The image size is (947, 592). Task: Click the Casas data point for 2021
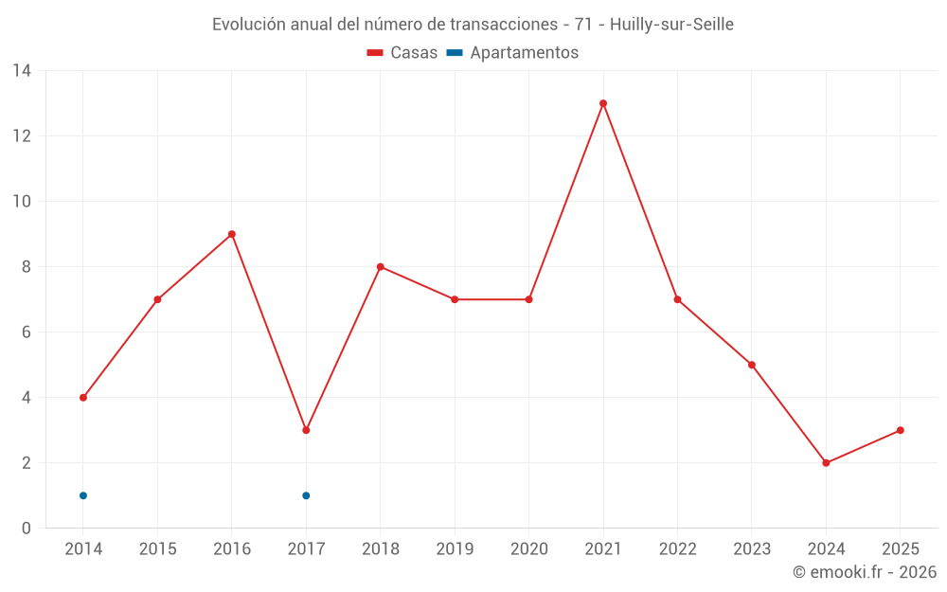(603, 103)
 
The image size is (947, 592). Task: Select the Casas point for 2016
(232, 234)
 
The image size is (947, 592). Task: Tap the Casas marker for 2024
(826, 463)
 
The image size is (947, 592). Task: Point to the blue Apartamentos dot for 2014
(83, 495)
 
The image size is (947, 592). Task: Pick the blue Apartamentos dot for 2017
(306, 495)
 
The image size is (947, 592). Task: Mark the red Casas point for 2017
(306, 430)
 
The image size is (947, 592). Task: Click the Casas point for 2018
(381, 267)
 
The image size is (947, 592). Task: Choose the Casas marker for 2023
(752, 365)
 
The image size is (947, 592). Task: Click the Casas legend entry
(402, 53)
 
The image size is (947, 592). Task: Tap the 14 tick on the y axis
(22, 71)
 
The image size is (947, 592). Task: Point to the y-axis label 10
(22, 202)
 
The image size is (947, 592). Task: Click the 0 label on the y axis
(26, 529)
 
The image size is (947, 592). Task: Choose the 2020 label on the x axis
(529, 549)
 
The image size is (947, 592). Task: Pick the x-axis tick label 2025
(901, 549)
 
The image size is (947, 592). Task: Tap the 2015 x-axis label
(157, 549)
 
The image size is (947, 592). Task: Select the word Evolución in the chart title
(248, 25)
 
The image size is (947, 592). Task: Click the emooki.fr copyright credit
(865, 572)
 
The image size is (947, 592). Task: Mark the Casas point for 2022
(677, 299)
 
